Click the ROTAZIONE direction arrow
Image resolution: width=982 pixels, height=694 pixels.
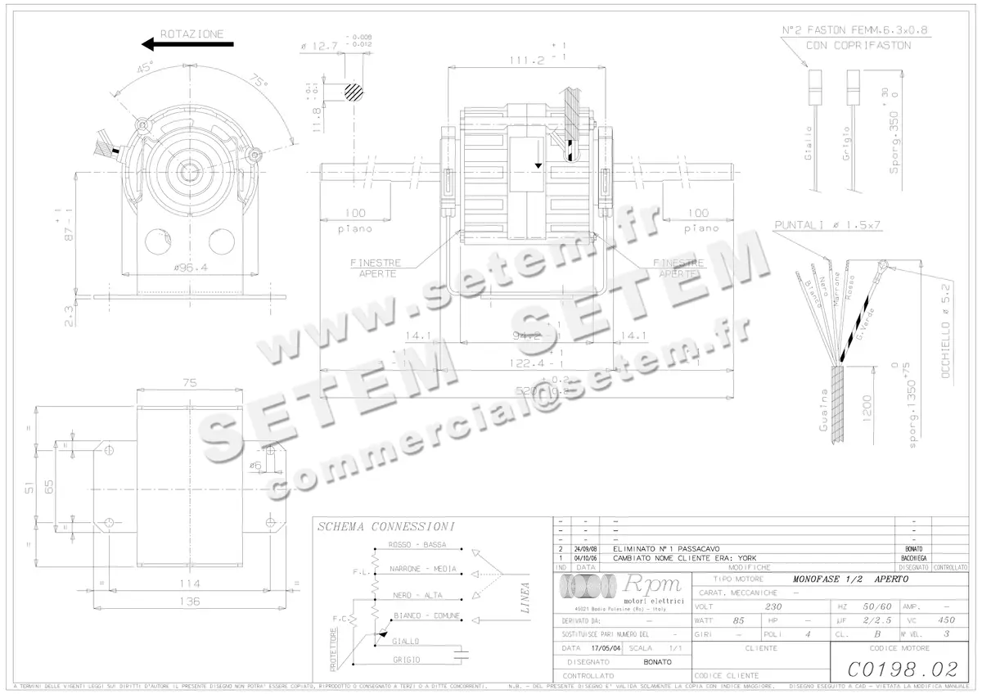pos(181,45)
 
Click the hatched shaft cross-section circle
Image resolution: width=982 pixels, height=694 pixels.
pos(354,91)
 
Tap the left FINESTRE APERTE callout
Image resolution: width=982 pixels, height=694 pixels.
pos(376,268)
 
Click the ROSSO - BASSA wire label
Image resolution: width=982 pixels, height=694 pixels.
pos(417,545)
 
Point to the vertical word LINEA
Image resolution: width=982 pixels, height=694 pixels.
pos(525,598)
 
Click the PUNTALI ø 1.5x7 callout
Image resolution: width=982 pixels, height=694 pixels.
pos(827,225)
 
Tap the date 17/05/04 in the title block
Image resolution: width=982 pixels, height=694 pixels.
pos(601,647)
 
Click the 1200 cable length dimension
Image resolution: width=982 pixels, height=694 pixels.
pos(867,406)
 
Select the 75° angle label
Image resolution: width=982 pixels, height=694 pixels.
pos(259,83)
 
